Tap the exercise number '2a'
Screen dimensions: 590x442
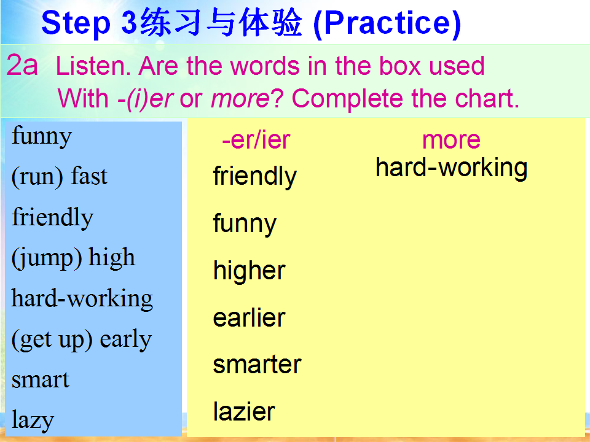(22, 66)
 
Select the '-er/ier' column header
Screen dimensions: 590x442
(256, 140)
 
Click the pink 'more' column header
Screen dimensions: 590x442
(451, 140)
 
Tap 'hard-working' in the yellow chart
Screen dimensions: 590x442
(452, 168)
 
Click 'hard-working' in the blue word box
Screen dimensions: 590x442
(82, 299)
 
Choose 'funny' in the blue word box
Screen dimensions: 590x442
(42, 136)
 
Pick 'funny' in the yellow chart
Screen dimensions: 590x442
(245, 223)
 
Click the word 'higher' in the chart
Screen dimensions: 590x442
(249, 270)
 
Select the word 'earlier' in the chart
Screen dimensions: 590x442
(249, 317)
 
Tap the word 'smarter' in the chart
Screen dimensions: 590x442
(257, 365)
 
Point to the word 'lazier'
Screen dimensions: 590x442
(244, 411)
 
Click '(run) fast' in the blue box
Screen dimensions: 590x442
(60, 176)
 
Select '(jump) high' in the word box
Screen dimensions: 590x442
(73, 258)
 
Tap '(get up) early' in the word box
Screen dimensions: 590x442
(82, 340)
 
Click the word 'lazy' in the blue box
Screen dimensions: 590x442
(33, 420)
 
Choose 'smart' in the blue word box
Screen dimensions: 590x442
(41, 380)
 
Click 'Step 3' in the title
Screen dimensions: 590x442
(88, 23)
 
